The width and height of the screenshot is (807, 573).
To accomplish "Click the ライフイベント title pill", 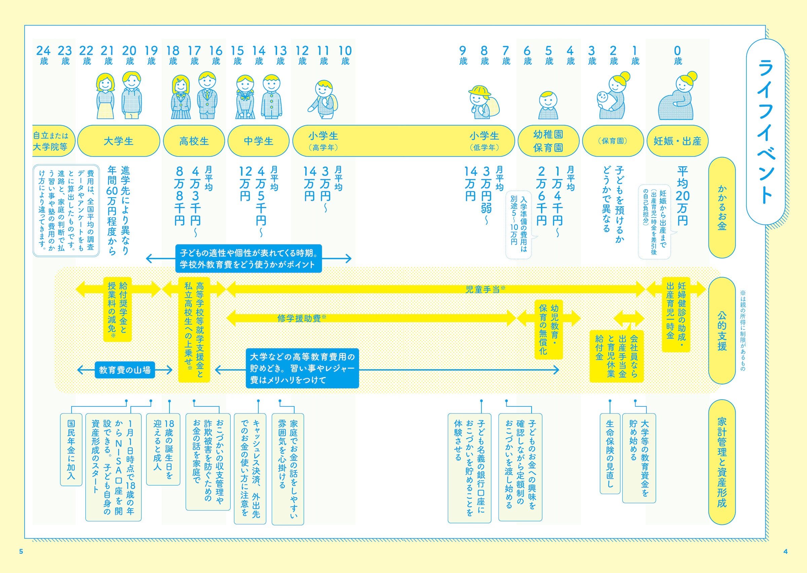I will coord(765,131).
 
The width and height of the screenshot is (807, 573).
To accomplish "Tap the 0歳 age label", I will coord(677,56).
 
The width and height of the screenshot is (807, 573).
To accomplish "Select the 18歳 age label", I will coord(173,56).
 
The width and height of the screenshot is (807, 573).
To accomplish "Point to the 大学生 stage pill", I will coord(118,141).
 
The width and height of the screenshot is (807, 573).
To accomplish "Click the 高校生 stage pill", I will coord(194,141).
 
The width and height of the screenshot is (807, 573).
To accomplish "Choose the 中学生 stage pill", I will coord(258,141).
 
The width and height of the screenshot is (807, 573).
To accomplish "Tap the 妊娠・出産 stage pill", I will coord(677,141).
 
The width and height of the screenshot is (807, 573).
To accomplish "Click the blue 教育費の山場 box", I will coord(125,370).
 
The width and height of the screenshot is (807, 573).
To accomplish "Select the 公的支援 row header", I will coord(722,331).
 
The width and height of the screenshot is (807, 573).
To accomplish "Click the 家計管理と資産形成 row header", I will coord(722,462).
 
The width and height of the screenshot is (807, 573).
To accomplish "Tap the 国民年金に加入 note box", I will coord(71,449).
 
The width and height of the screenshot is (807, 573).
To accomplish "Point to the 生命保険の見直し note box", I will coord(610,453).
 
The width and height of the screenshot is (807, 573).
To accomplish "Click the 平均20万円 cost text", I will coord(682,196).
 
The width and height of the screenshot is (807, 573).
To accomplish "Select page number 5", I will coord(21,551).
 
